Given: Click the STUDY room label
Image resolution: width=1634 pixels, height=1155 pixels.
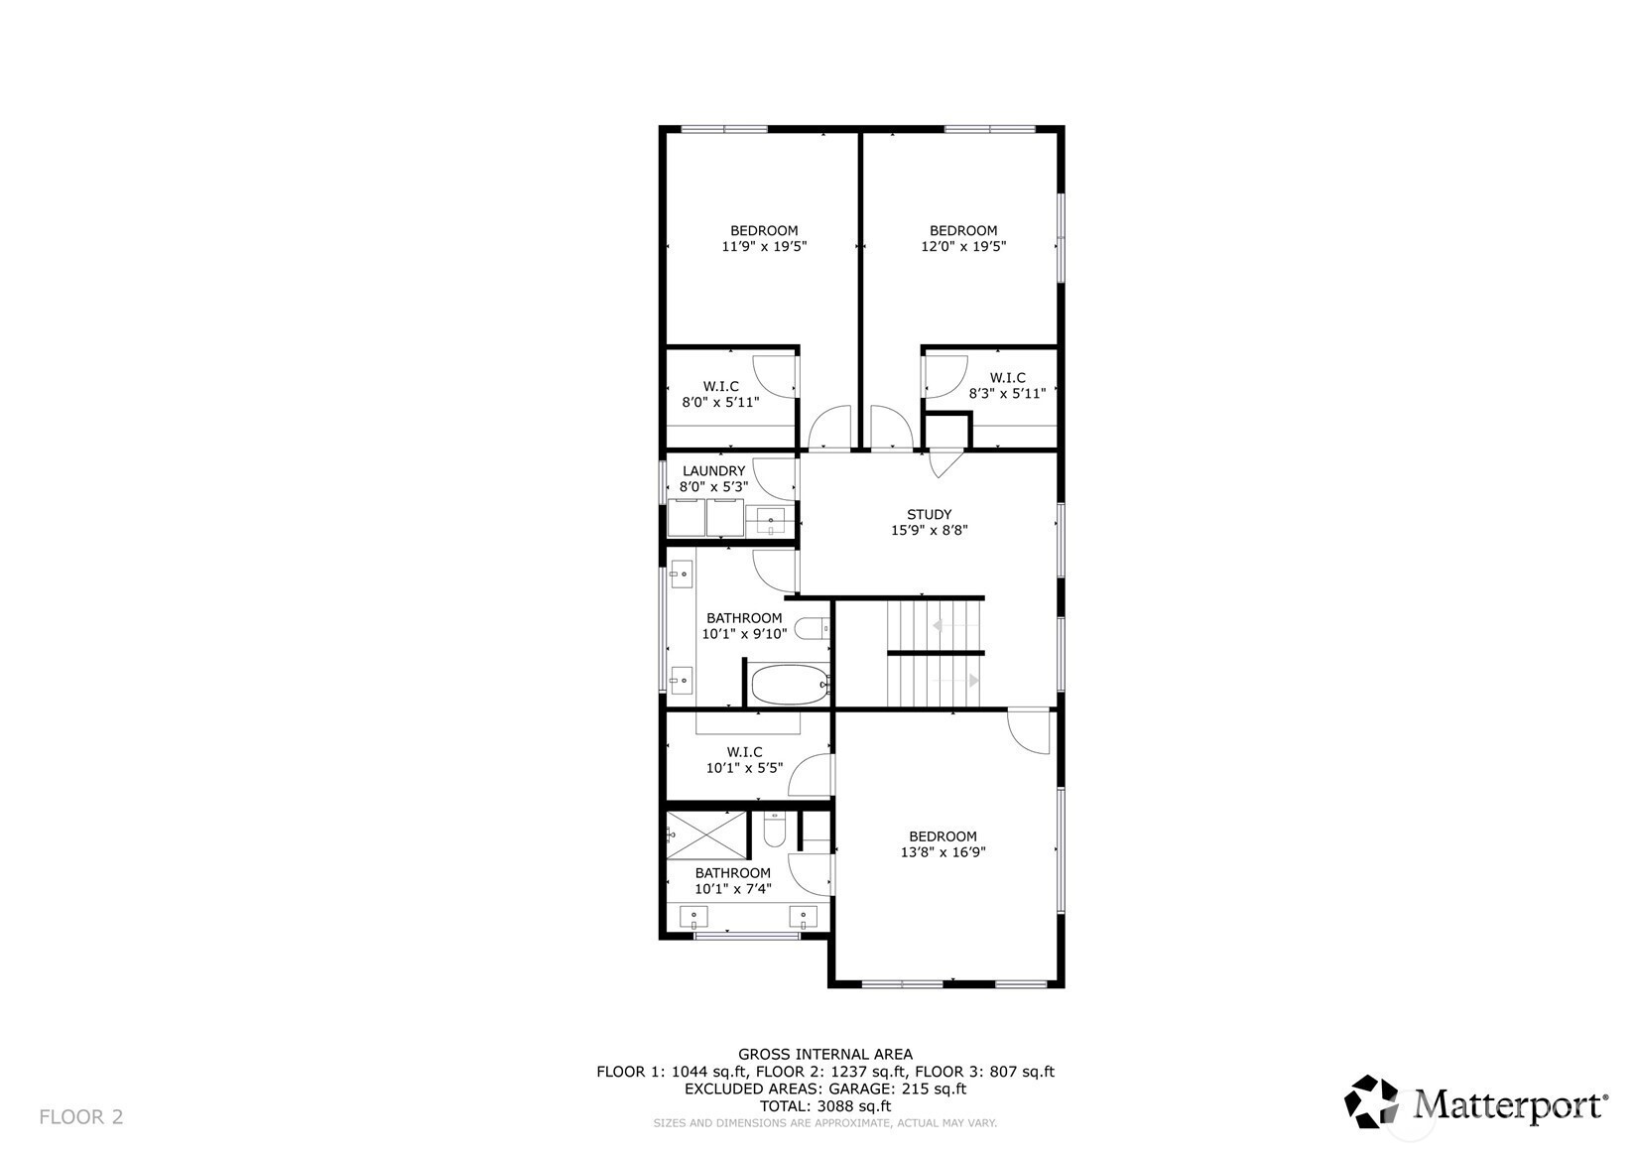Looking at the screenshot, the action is point(929,514).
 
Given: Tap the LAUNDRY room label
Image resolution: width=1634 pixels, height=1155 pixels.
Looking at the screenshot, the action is point(713,471).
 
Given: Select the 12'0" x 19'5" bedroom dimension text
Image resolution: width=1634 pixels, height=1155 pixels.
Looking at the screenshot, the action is point(963,247).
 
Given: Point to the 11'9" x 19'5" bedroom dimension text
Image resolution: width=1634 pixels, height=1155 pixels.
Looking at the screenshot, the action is point(764,247).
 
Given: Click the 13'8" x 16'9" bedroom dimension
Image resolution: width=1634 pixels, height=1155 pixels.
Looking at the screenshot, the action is point(943,852).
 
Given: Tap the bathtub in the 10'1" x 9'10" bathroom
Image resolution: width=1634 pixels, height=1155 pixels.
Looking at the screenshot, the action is point(791,684).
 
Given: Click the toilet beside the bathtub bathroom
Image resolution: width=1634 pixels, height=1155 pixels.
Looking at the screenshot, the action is point(812,628).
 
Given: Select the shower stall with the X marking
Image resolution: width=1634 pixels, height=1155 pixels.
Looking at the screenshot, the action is point(706,834).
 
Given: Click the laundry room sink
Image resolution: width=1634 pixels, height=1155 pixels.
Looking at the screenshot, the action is point(770,521).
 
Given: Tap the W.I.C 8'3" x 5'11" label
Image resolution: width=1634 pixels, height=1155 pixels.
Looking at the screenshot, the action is point(1007,385).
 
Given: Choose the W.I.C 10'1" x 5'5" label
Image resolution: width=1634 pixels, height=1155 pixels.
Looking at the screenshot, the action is point(744,759).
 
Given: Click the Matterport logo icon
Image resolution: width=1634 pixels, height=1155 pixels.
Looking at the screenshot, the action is point(1372,1101).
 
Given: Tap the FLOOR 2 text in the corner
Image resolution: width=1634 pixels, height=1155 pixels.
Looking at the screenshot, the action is point(81,1117).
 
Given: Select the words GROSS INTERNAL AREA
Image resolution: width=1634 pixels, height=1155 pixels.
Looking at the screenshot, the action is point(825,1054).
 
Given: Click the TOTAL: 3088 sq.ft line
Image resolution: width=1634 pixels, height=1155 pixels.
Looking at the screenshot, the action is point(825,1106).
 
